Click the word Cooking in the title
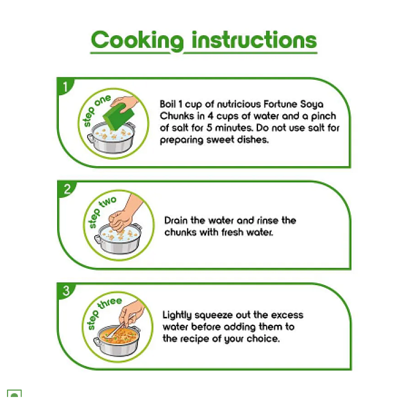137,41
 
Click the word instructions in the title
255,40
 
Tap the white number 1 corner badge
65,87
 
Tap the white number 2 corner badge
67,189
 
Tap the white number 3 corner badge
66,291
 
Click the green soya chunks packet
119,116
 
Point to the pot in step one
111,137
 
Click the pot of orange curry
117,341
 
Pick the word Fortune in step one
280,104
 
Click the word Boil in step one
168,104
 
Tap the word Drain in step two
176,220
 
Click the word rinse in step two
267,220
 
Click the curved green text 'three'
110,303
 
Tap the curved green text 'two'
109,201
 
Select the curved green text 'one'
103,100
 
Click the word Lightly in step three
177,315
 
